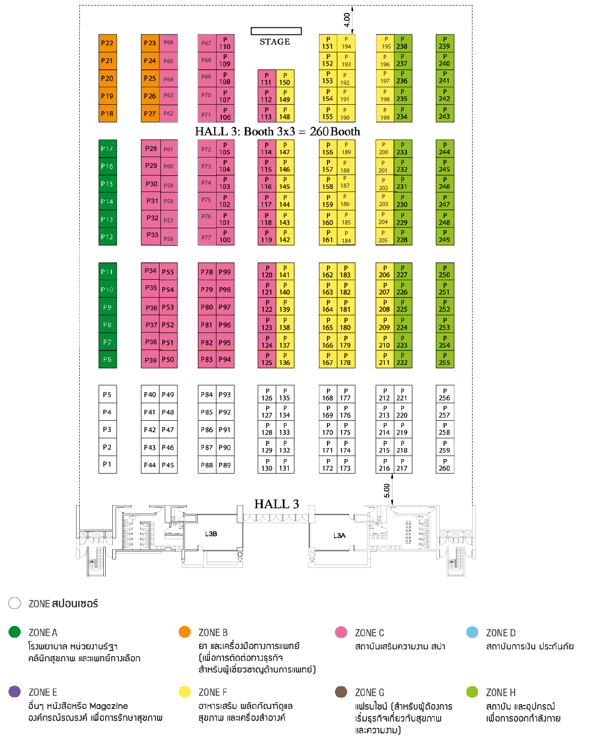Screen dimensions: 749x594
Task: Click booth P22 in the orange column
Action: pyautogui.click(x=108, y=43)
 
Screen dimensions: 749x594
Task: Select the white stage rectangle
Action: pyautogui.click(x=276, y=31)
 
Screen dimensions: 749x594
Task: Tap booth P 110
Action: pyautogui.click(x=225, y=43)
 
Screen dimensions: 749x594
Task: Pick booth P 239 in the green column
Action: pyautogui.click(x=444, y=43)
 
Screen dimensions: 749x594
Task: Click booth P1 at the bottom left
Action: pyautogui.click(x=108, y=464)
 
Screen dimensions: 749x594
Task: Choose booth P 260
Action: pyautogui.click(x=444, y=465)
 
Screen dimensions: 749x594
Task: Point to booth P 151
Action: pyautogui.click(x=328, y=43)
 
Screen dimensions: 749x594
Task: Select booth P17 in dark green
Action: pyautogui.click(x=108, y=149)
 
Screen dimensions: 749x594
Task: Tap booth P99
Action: pyautogui.click(x=225, y=272)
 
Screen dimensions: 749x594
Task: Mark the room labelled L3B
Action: pyautogui.click(x=211, y=534)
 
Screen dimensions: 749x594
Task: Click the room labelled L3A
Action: pyautogui.click(x=339, y=535)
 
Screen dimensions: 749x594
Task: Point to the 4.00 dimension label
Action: pyautogui.click(x=347, y=20)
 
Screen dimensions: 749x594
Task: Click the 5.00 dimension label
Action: pyautogui.click(x=387, y=491)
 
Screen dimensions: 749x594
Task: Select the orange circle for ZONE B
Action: pyautogui.click(x=185, y=632)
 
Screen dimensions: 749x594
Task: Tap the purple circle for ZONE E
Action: pyautogui.click(x=15, y=691)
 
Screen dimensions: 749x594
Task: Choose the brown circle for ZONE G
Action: pyautogui.click(x=341, y=692)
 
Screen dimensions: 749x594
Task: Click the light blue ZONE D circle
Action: pyautogui.click(x=472, y=632)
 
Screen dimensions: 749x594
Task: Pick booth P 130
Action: pyautogui.click(x=267, y=465)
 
